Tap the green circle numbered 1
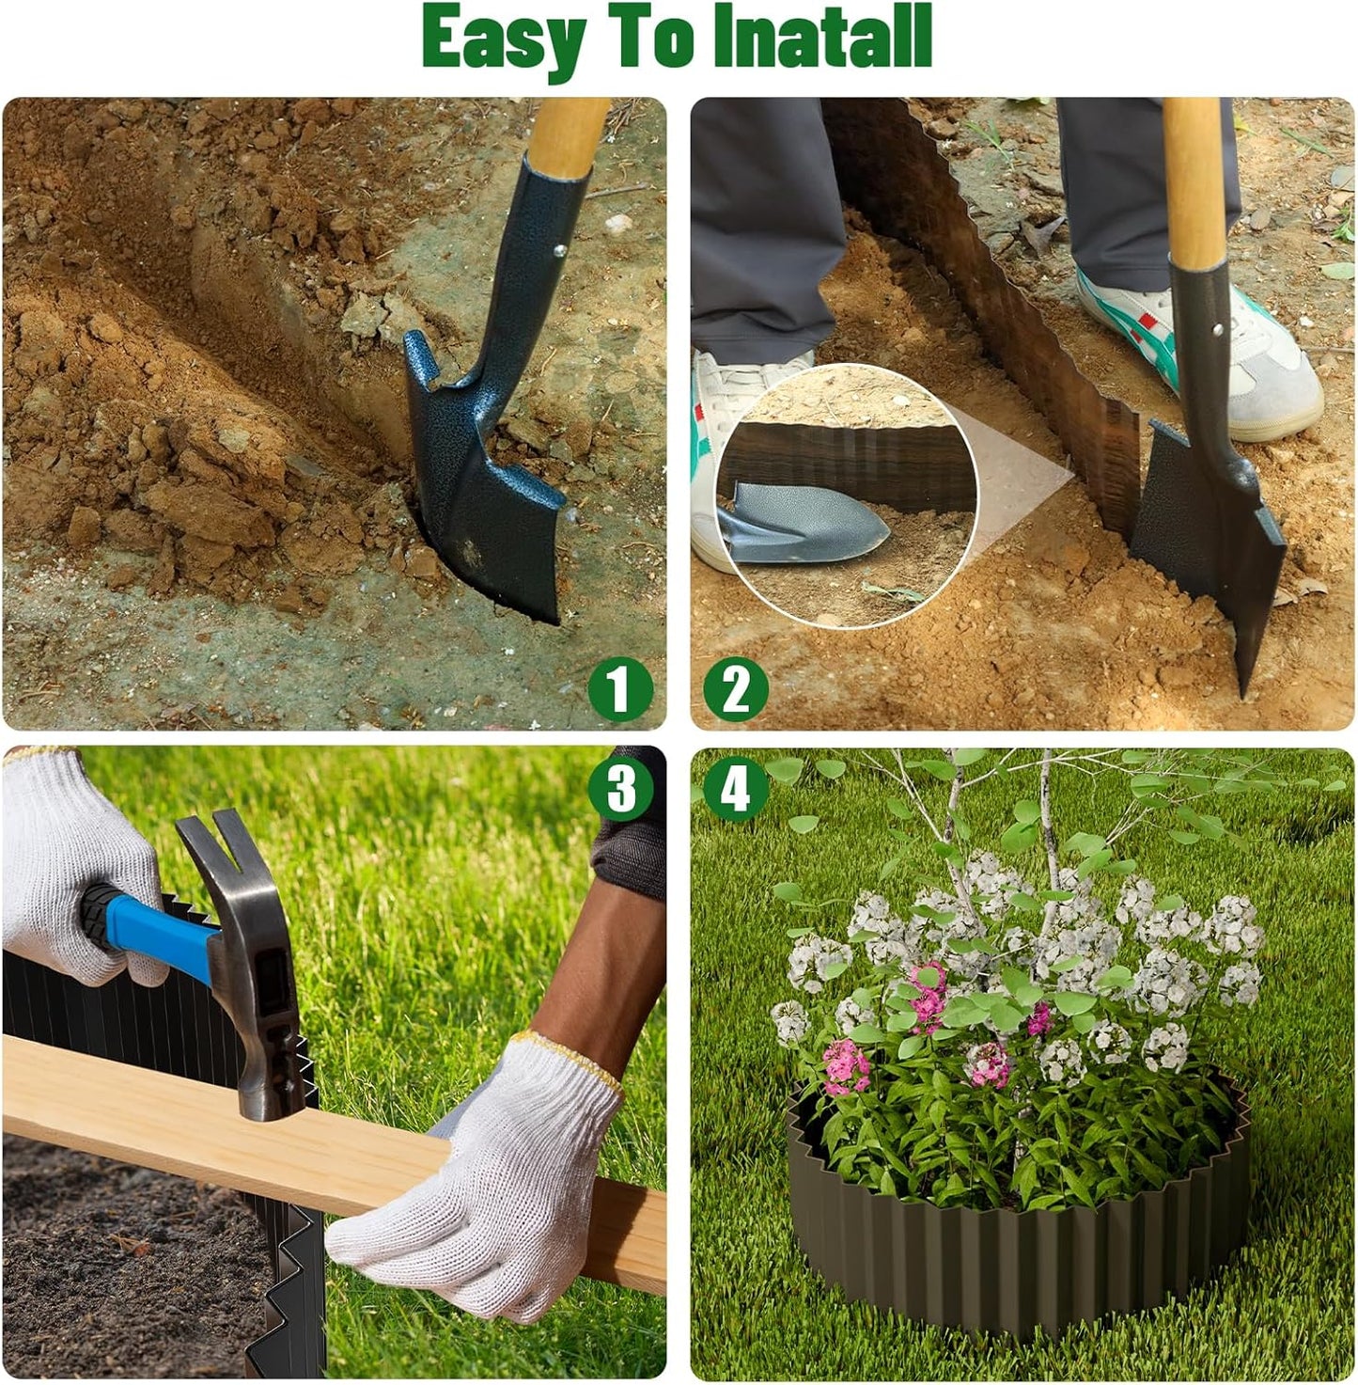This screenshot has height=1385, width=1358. [620, 689]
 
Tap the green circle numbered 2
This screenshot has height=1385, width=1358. [736, 689]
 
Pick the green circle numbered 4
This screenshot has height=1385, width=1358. [736, 788]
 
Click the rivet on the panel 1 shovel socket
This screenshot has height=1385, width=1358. [559, 250]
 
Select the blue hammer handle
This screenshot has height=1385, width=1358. [150, 931]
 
